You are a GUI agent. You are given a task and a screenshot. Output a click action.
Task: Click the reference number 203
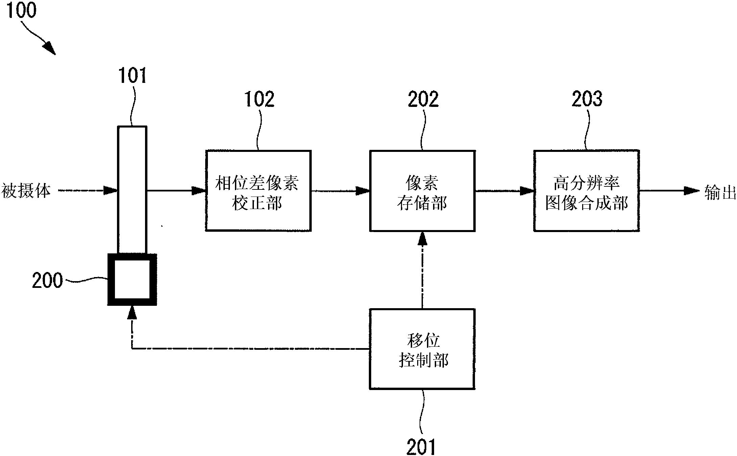[587, 99]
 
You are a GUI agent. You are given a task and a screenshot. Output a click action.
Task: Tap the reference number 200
[47, 281]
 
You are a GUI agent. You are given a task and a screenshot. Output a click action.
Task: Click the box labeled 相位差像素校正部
[258, 191]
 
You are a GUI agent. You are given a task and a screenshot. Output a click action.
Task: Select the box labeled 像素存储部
[422, 191]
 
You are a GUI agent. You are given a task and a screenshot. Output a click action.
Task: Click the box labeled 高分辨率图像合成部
[587, 191]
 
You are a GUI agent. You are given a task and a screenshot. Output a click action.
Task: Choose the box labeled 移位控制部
[422, 349]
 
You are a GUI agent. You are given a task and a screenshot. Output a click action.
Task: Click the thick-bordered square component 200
[132, 280]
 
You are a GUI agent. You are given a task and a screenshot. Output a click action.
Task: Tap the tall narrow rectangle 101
[132, 189]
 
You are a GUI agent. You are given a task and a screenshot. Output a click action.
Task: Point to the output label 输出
[720, 192]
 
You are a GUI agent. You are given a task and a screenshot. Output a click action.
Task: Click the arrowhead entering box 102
[199, 191]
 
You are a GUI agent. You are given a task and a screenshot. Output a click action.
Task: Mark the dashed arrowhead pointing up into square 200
[132, 313]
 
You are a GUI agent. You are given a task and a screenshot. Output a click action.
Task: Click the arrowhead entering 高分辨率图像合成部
[527, 191]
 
